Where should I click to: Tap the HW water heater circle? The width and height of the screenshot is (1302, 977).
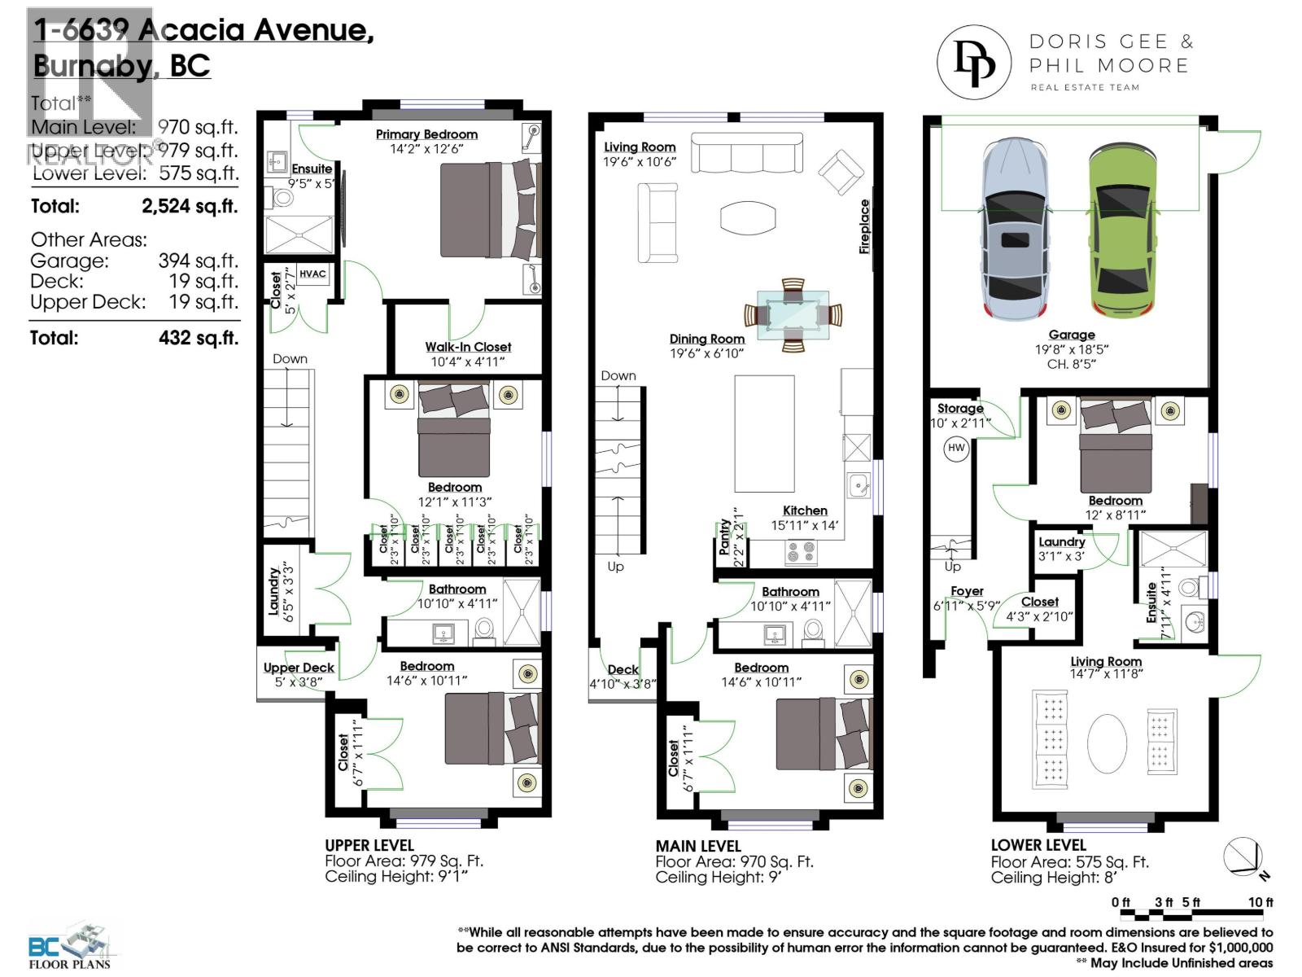pos(956,448)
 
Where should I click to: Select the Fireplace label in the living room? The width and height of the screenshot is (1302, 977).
pos(864,226)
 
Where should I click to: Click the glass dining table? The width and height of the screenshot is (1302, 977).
pos(793,315)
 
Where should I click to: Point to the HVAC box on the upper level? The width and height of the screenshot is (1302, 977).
pos(312,274)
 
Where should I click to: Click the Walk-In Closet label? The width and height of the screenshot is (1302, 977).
pos(468,347)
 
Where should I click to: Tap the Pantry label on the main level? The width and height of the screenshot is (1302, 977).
pos(725,537)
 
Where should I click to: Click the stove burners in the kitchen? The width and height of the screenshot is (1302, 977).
pos(800,552)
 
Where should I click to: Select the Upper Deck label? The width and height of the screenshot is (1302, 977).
pos(299,668)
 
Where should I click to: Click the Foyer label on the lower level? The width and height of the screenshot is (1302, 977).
pos(967,591)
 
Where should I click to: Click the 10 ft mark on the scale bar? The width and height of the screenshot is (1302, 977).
pos(1260,902)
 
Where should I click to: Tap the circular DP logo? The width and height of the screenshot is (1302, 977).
pos(974,64)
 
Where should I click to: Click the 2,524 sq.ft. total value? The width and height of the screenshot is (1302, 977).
pos(190,206)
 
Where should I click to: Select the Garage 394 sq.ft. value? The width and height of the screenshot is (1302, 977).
pos(198,261)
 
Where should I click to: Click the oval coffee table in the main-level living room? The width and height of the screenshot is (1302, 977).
pos(748,217)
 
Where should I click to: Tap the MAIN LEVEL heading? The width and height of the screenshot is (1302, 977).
pos(698,846)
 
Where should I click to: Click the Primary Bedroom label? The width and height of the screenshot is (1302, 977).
pos(426,134)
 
